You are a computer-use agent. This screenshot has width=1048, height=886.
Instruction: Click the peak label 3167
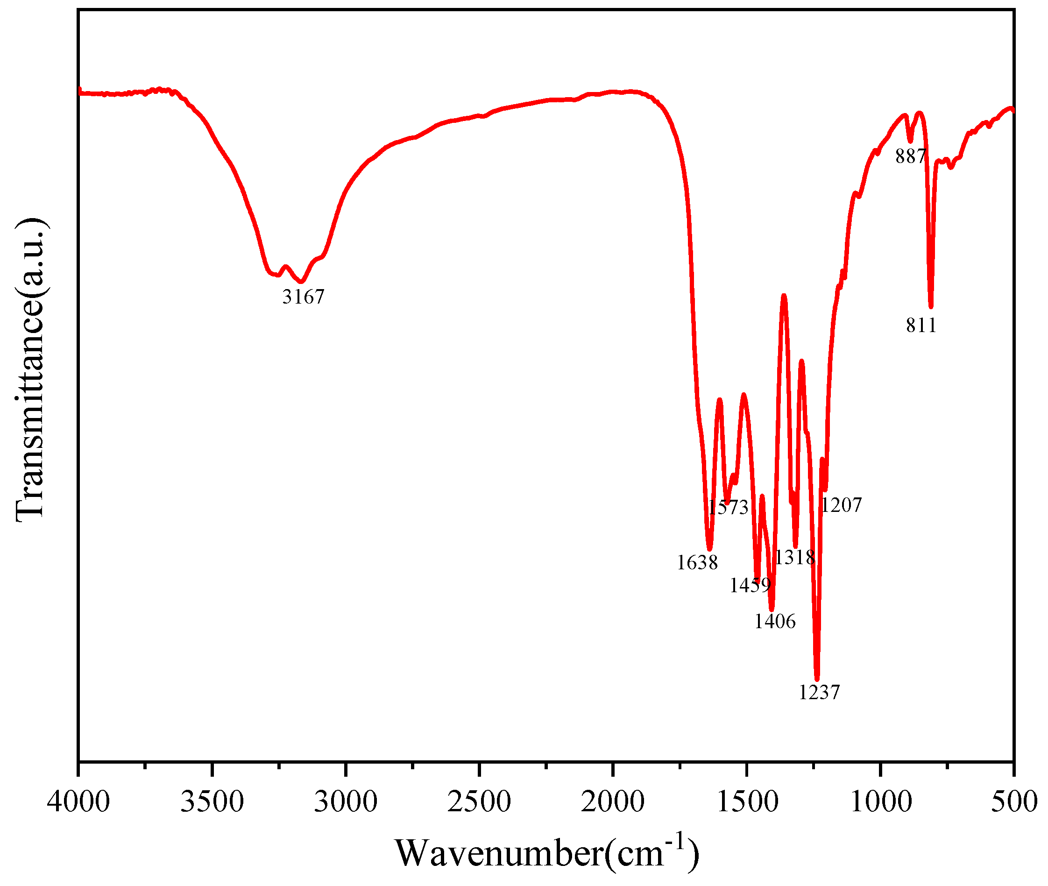[303, 297]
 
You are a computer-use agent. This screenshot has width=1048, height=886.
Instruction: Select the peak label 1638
[697, 562]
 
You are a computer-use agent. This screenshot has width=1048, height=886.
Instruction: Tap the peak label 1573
[728, 507]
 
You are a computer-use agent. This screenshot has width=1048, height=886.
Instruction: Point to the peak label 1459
[750, 586]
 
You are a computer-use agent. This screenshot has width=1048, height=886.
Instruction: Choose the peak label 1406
[775, 622]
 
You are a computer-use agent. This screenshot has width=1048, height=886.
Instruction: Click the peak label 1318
[794, 558]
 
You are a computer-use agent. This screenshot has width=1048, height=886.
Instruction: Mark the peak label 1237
[819, 693]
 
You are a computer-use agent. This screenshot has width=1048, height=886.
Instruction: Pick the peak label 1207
[841, 505]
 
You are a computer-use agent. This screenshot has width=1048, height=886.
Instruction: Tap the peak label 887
[910, 157]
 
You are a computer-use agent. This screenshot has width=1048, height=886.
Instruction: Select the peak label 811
[921, 326]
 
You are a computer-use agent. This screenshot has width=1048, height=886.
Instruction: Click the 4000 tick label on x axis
[78, 801]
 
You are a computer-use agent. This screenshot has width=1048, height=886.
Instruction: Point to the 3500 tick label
[212, 801]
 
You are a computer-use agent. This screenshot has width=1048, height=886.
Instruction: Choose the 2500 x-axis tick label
[479, 801]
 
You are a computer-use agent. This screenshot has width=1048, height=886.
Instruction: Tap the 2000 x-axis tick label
[613, 801]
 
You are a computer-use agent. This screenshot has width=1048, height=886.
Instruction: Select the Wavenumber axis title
[546, 853]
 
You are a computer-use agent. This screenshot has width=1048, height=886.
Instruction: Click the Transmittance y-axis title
[31, 371]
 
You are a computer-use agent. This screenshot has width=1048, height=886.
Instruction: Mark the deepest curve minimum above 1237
[817, 678]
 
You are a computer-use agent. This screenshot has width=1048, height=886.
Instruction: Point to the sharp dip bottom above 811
[931, 306]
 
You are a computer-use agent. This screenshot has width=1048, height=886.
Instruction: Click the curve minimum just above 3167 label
[301, 282]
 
